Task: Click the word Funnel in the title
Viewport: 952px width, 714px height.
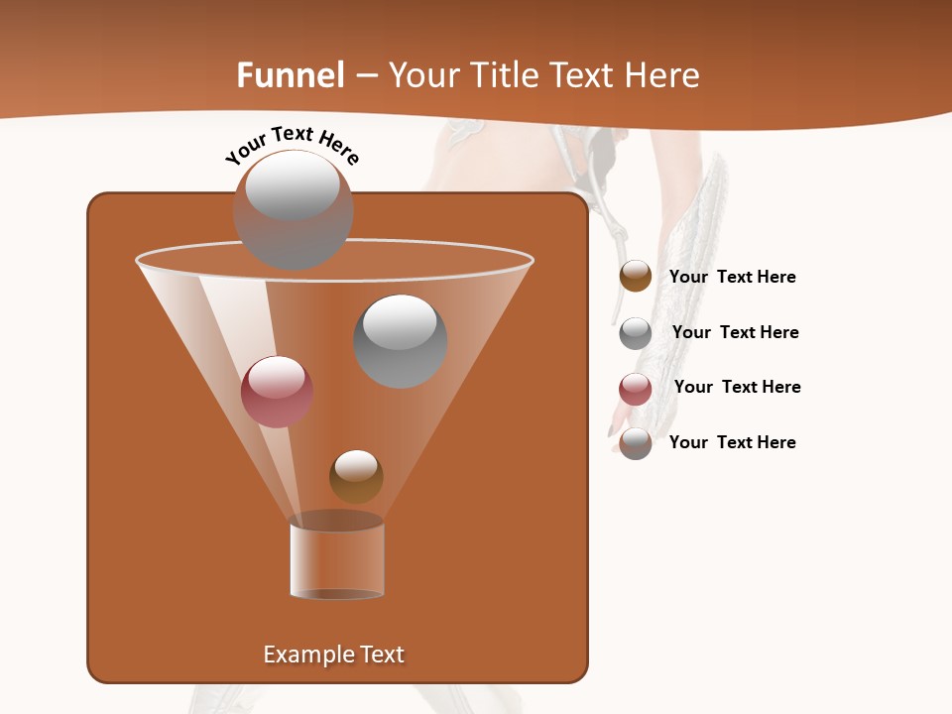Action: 290,75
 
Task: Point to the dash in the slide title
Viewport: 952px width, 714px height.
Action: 365,76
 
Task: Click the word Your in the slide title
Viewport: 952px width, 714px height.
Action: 424,75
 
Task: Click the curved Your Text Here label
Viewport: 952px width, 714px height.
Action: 293,145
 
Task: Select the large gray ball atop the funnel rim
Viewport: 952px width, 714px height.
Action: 293,210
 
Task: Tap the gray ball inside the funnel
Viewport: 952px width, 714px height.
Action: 401,341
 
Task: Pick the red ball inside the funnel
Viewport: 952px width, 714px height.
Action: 277,392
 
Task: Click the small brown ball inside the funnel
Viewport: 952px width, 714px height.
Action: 356,476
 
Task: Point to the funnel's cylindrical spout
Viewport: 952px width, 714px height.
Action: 337,557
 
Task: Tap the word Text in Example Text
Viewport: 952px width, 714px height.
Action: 381,654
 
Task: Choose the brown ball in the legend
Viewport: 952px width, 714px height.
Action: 636,277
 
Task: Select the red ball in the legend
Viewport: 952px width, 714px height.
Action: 636,389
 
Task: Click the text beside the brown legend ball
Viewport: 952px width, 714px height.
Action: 732,278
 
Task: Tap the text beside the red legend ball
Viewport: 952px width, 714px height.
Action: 737,387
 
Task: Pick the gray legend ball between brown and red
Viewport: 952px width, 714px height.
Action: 636,333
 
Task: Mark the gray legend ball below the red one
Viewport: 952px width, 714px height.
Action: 636,443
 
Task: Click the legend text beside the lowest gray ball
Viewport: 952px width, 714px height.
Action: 732,442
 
